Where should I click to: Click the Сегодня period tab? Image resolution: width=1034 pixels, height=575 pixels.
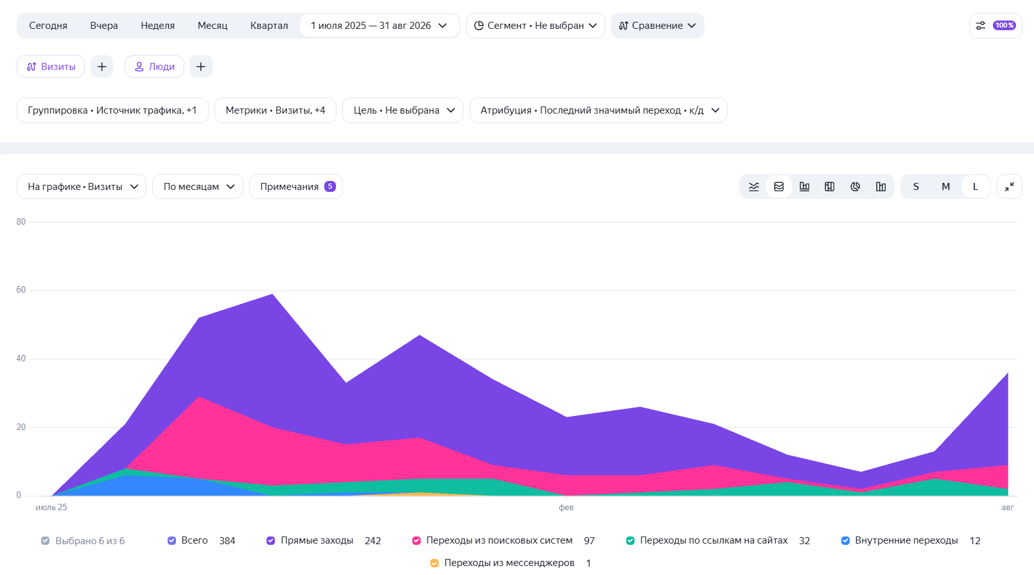[x=48, y=26]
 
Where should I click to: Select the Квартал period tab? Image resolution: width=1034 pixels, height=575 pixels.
[x=269, y=26]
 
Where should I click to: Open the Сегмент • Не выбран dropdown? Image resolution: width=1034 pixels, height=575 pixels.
[x=536, y=26]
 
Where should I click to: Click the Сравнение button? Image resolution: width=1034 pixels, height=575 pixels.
[x=658, y=26]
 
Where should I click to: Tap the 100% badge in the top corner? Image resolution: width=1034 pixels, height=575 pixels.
[x=1004, y=26]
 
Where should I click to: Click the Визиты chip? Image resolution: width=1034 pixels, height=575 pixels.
[x=51, y=66]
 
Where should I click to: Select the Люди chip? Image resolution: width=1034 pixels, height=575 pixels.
[x=154, y=66]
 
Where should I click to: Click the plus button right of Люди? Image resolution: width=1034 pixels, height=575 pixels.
[x=201, y=66]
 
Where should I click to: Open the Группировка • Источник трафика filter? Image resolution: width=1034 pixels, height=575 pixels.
[x=112, y=110]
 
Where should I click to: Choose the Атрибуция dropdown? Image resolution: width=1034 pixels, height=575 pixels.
[x=599, y=110]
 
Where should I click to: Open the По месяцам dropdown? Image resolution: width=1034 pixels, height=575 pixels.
[x=198, y=186]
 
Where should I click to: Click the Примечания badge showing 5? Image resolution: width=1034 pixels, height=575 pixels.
[x=329, y=186]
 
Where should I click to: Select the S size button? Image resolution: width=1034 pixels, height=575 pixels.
[x=916, y=186]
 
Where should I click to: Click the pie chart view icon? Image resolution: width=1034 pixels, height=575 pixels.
[x=855, y=186]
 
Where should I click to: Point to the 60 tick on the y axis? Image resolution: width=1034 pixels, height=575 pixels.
[x=21, y=289]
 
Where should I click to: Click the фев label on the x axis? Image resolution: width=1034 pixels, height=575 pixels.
[x=566, y=507]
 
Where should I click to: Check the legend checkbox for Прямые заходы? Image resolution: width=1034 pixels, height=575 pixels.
[x=270, y=540]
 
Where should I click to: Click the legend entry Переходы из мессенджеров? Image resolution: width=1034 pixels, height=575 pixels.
[x=509, y=563]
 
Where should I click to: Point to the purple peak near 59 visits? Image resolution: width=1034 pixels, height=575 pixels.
[x=272, y=294]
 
